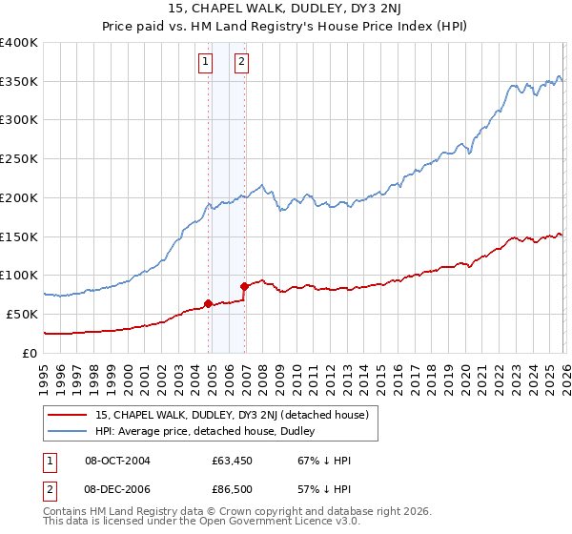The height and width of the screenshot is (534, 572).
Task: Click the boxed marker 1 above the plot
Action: tap(205, 62)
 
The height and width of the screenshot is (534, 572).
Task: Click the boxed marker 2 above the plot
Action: tap(241, 62)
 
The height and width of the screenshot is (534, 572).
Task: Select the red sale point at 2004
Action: tap(208, 303)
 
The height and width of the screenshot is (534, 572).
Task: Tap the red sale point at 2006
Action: tap(245, 285)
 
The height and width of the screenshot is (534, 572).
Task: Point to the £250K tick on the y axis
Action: tap(19, 159)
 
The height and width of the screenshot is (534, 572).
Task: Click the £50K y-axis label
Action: tap(21, 314)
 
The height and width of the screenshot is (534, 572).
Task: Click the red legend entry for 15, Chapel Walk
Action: tap(237, 414)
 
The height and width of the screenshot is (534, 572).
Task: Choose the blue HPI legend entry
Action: tap(211, 431)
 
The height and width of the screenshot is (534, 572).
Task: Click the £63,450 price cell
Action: tap(231, 461)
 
